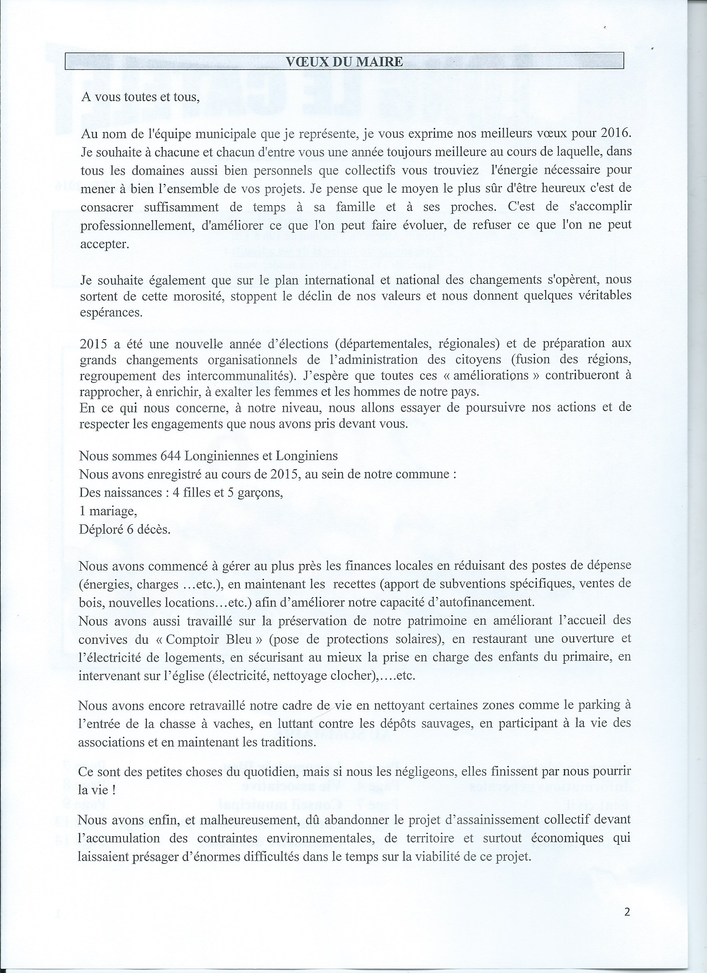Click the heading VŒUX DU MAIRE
(x=344, y=62)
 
